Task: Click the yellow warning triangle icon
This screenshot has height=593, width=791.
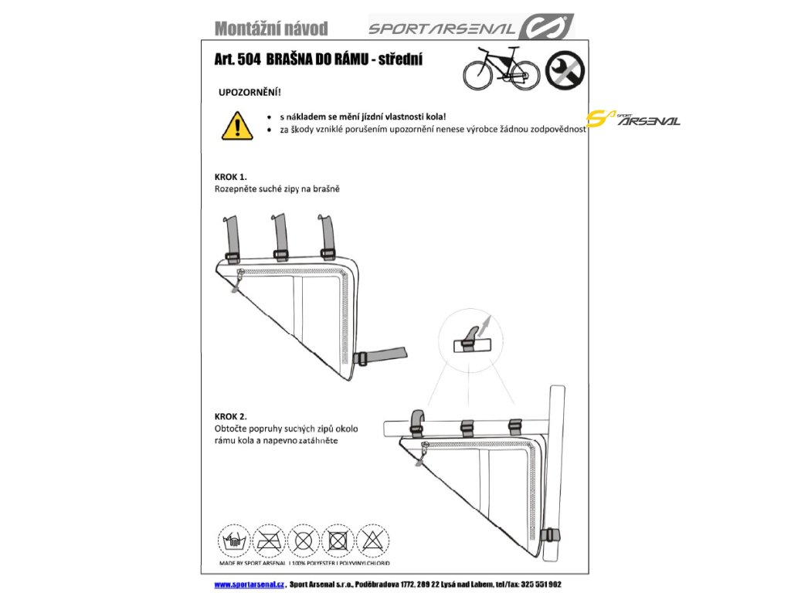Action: coord(237,125)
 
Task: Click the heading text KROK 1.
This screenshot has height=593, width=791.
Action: coord(230,177)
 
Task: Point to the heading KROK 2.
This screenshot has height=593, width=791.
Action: coord(230,416)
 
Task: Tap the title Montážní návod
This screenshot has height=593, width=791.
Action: coord(271,29)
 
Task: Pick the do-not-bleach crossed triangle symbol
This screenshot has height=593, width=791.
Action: coord(374,539)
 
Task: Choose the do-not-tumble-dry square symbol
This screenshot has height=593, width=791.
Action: coord(338,539)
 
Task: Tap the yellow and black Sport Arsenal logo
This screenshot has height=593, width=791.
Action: coord(633,119)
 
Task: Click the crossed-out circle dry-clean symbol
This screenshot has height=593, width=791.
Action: coord(304,539)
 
